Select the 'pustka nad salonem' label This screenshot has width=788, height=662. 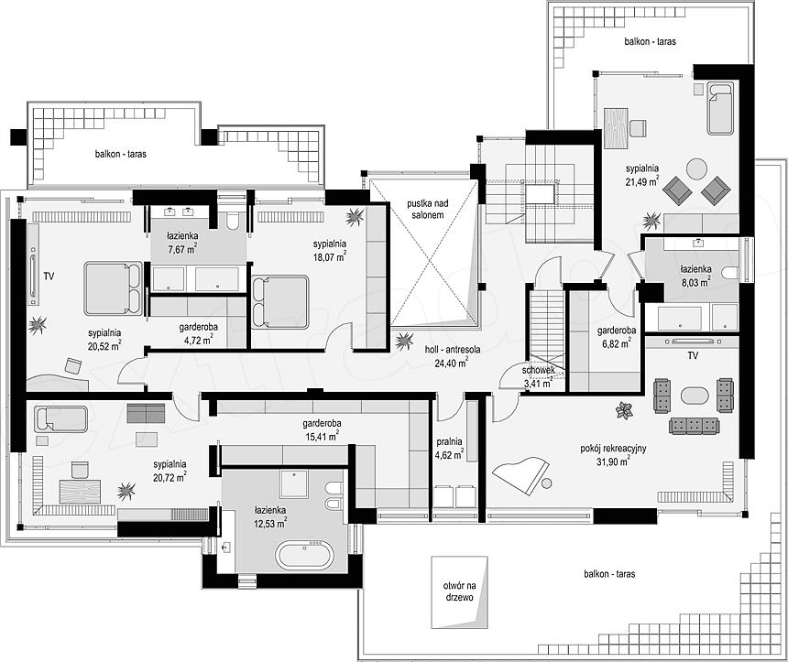pyautogui.click(x=428, y=209)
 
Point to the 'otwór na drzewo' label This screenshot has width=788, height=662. pyautogui.click(x=459, y=591)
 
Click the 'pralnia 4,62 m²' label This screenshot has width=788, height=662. pyautogui.click(x=449, y=449)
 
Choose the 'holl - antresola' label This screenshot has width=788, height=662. pyautogui.click(x=453, y=349)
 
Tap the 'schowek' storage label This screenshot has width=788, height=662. pyautogui.click(x=538, y=370)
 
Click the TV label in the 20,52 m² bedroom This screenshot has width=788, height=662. pyautogui.click(x=49, y=276)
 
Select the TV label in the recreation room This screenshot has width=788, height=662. pyautogui.click(x=693, y=355)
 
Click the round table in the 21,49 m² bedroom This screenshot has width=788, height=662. pyautogui.click(x=697, y=168)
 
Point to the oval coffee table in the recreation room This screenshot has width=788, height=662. pyautogui.click(x=695, y=395)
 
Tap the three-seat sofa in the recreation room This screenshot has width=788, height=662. pyautogui.click(x=694, y=426)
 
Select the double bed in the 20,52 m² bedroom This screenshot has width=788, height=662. pyautogui.click(x=113, y=288)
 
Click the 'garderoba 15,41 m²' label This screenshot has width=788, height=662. pyautogui.click(x=322, y=430)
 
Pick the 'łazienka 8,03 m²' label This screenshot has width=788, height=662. pyautogui.click(x=696, y=276)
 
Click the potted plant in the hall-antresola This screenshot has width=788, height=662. pyautogui.click(x=404, y=342)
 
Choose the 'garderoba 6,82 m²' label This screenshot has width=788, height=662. pyautogui.click(x=617, y=337)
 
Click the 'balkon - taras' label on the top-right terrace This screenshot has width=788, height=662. pyautogui.click(x=651, y=41)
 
